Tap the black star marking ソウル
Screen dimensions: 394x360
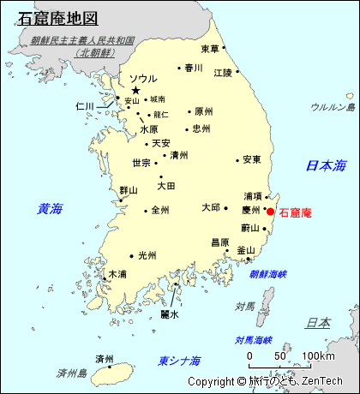point(135,90)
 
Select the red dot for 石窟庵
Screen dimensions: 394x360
point(270,211)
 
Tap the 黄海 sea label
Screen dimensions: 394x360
point(50,208)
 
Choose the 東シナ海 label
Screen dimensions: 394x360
point(180,361)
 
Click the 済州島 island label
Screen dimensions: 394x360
point(72,373)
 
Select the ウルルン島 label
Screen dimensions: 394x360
point(333,107)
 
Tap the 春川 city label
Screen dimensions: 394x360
point(193,68)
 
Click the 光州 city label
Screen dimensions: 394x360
point(147,255)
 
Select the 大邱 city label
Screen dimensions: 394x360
point(211,207)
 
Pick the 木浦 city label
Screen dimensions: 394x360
point(117,274)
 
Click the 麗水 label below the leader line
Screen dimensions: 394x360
point(170,314)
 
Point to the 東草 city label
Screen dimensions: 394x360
point(210,49)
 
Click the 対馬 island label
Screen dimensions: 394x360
point(245,306)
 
